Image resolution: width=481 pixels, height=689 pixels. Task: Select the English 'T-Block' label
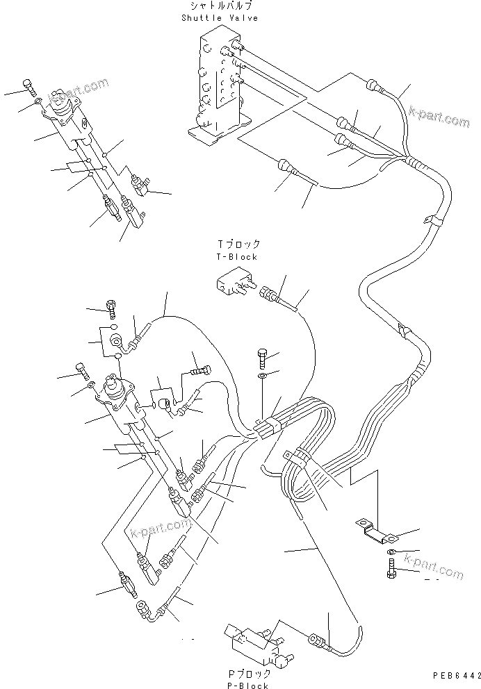pyautogui.click(x=237, y=256)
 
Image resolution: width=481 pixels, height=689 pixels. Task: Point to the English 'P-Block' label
pyautogui.click(x=247, y=685)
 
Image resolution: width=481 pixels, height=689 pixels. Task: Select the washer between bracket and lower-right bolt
pyautogui.click(x=391, y=551)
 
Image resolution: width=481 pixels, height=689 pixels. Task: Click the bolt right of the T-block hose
pyautogui.click(x=261, y=358)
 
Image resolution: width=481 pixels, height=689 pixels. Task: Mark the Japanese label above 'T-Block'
pyautogui.click(x=238, y=244)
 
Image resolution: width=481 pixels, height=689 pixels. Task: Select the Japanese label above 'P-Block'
pyautogui.click(x=247, y=674)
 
